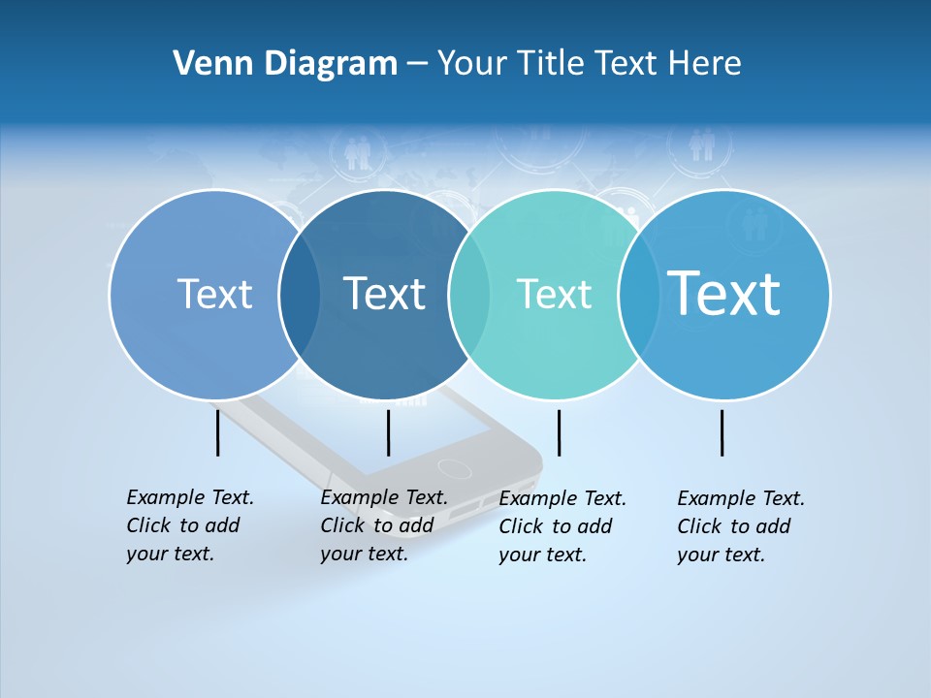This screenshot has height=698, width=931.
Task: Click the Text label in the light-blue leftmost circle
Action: pyautogui.click(x=214, y=294)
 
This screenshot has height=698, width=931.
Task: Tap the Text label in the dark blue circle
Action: pyautogui.click(x=384, y=294)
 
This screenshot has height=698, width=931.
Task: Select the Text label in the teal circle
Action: pyautogui.click(x=554, y=294)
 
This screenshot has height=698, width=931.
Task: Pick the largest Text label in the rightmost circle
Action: pyautogui.click(x=723, y=293)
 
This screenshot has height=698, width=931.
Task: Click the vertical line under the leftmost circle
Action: pyautogui.click(x=218, y=432)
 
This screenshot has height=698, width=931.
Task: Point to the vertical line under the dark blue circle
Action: pyautogui.click(x=388, y=432)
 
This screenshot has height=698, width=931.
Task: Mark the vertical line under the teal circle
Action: pyautogui.click(x=559, y=432)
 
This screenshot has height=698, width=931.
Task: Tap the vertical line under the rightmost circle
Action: pyautogui.click(x=722, y=432)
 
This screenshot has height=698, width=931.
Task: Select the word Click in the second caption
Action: pyautogui.click(x=342, y=525)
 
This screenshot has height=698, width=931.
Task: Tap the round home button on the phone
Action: pyautogui.click(x=454, y=467)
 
